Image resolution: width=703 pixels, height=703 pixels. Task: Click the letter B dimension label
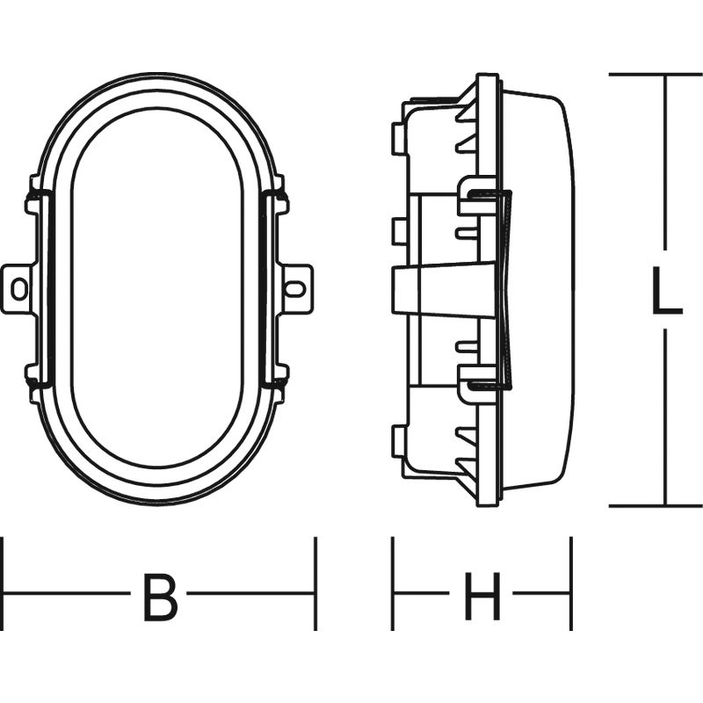pyautogui.click(x=159, y=598)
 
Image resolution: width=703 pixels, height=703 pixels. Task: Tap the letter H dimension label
pyautogui.click(x=482, y=598)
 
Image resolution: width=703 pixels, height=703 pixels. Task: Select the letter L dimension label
pyautogui.click(x=666, y=292)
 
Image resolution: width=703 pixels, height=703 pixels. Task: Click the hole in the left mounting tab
pyautogui.click(x=18, y=287)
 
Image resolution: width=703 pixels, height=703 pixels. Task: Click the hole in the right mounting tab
pyautogui.click(x=296, y=287)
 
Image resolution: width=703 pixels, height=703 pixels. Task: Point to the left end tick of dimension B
pyautogui.click(x=3, y=584)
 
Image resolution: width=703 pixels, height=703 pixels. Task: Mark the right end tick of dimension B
pyautogui.click(x=315, y=584)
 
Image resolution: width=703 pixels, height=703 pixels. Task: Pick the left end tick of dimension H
pyautogui.click(x=393, y=584)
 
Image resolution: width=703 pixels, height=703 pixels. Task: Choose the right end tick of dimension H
pyautogui.click(x=571, y=584)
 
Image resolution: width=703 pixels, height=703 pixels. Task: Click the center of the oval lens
pyautogui.click(x=157, y=290)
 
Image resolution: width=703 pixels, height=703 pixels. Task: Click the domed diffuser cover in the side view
pyautogui.click(x=540, y=290)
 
